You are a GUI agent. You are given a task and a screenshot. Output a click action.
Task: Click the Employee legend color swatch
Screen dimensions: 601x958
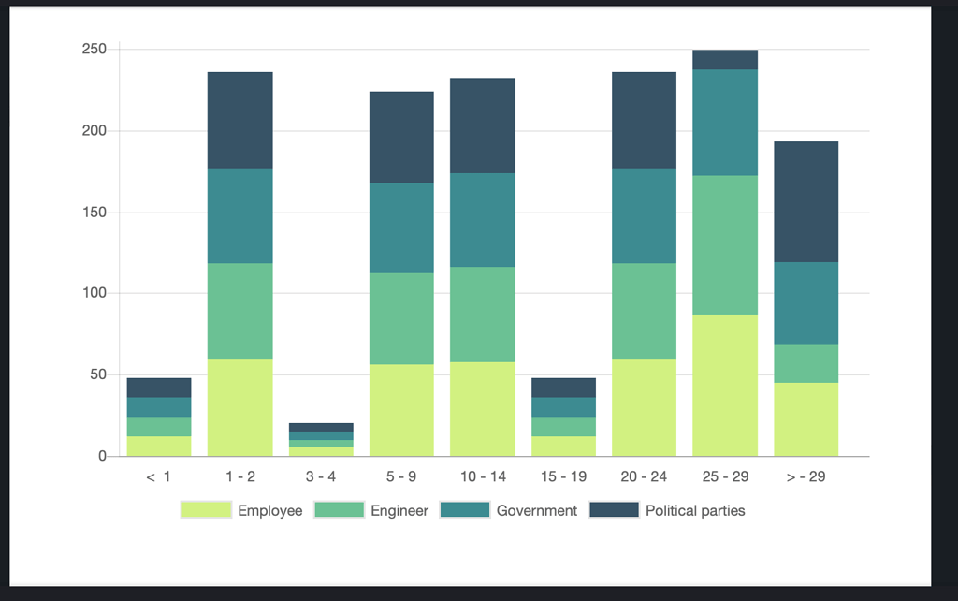(205, 510)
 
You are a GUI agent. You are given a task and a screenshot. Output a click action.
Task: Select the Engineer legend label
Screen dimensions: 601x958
(399, 511)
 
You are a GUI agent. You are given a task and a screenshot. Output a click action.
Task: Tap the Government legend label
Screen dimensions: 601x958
(536, 511)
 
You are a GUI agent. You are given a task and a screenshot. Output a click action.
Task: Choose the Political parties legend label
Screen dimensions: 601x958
(695, 511)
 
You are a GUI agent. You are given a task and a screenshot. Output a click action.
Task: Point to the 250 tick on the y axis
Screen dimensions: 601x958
(94, 49)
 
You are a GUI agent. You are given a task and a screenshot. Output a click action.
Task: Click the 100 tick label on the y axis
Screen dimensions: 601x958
(94, 293)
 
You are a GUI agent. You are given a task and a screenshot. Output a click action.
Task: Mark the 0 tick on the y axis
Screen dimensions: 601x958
(102, 457)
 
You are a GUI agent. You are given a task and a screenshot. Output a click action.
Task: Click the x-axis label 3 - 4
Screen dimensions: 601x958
(321, 477)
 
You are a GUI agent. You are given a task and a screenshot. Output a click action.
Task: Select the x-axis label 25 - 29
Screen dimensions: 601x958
(725, 477)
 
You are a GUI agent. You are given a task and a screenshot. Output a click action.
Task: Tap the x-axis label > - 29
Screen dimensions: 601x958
(806, 477)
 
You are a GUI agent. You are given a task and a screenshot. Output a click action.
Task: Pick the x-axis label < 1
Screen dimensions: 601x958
(159, 477)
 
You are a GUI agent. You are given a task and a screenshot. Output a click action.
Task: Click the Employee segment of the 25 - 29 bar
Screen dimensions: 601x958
(725, 385)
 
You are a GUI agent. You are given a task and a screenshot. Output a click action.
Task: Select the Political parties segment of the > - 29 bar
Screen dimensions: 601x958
(806, 201)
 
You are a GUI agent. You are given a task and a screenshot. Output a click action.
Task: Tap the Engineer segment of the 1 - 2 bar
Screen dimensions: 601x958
(239, 311)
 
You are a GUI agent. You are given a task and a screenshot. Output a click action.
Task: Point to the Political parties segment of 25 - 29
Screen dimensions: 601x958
(725, 60)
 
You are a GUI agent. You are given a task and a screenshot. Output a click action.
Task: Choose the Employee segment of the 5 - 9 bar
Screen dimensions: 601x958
(401, 410)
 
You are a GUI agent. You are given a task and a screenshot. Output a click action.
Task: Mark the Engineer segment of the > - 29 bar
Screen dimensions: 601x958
(806, 363)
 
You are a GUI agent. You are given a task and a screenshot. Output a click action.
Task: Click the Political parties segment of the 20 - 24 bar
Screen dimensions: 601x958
(644, 120)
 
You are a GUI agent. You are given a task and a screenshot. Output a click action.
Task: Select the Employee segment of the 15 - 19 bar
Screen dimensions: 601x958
(563, 447)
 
